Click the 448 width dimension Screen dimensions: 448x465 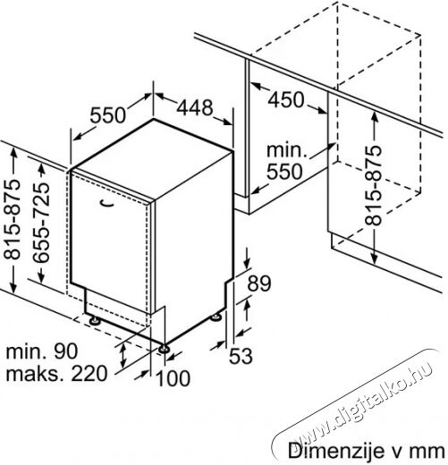(195, 107)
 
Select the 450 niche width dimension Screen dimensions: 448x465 (286, 99)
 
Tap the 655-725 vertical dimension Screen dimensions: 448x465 (41, 223)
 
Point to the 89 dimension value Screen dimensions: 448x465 (259, 283)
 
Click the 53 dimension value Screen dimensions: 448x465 (241, 356)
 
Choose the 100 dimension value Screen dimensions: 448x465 (173, 378)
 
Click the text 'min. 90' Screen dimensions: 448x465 (42, 351)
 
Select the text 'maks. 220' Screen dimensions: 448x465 (56, 373)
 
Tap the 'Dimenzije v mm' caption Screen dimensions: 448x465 (366, 451)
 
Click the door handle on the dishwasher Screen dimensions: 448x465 (107, 203)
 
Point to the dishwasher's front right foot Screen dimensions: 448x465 (164, 349)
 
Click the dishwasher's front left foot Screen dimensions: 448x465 (95, 321)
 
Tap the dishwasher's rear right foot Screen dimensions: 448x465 (216, 317)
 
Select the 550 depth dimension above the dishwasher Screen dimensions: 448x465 (108, 115)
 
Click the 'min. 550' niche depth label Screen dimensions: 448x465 (285, 161)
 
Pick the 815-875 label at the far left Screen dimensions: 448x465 (12, 219)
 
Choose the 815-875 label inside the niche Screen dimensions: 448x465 (373, 185)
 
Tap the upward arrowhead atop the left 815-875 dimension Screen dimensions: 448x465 (13, 153)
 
